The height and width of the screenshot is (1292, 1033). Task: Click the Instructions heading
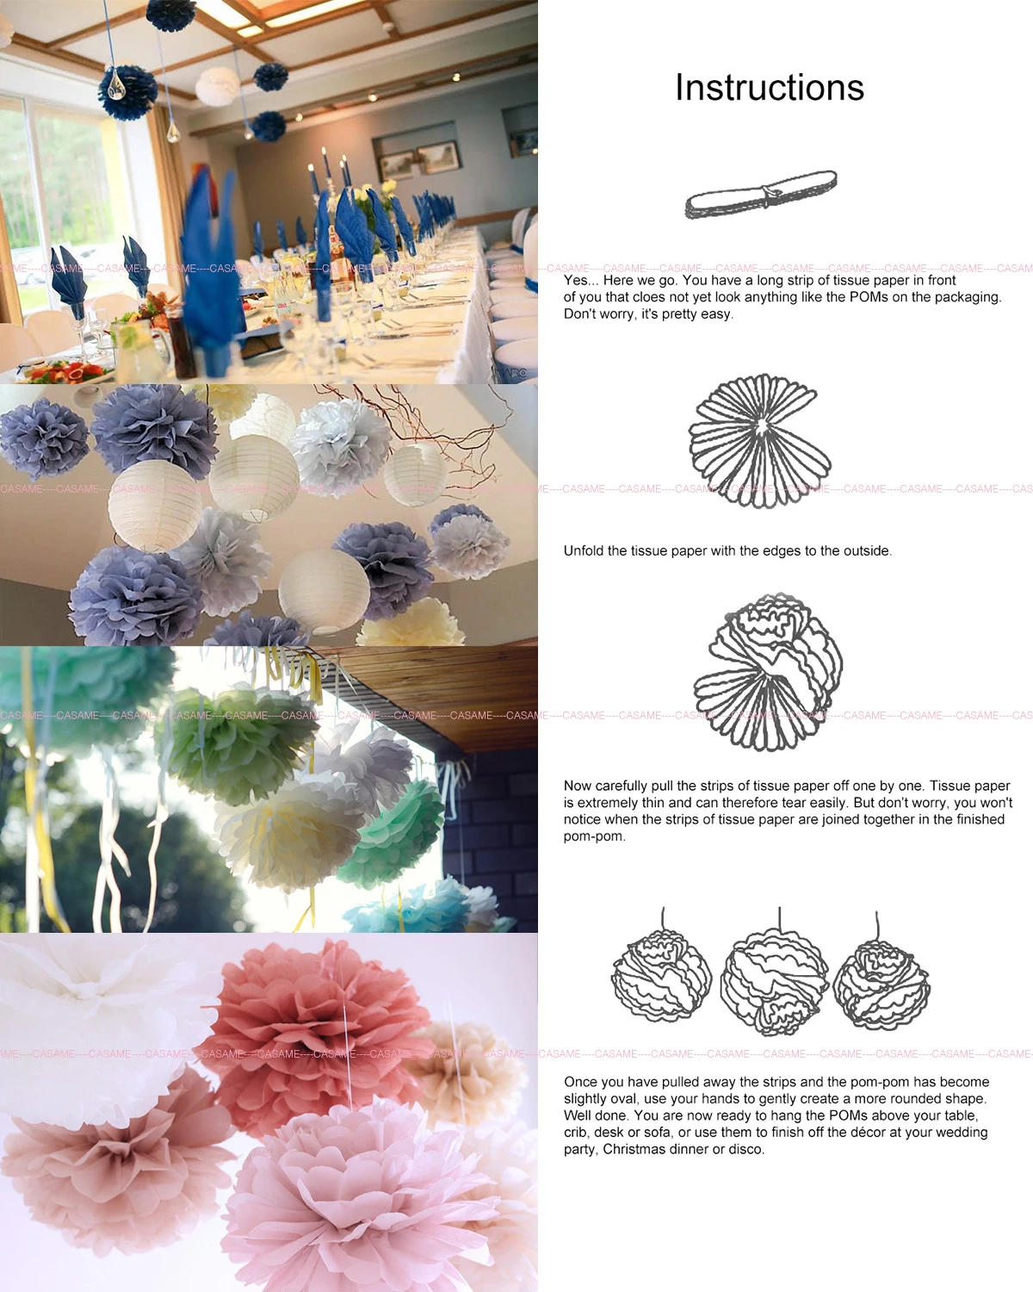pyautogui.click(x=769, y=87)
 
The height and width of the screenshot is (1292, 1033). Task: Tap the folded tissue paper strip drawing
pyautogui.click(x=760, y=196)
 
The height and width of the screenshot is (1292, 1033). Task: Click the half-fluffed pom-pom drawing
pyautogui.click(x=769, y=672)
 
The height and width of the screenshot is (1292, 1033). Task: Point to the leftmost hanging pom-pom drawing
pyautogui.click(x=661, y=976)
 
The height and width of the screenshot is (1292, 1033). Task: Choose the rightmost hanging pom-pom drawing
pyautogui.click(x=881, y=983)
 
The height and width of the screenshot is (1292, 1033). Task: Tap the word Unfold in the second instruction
pyautogui.click(x=585, y=551)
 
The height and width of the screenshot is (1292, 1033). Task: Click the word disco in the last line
pyautogui.click(x=745, y=1150)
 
